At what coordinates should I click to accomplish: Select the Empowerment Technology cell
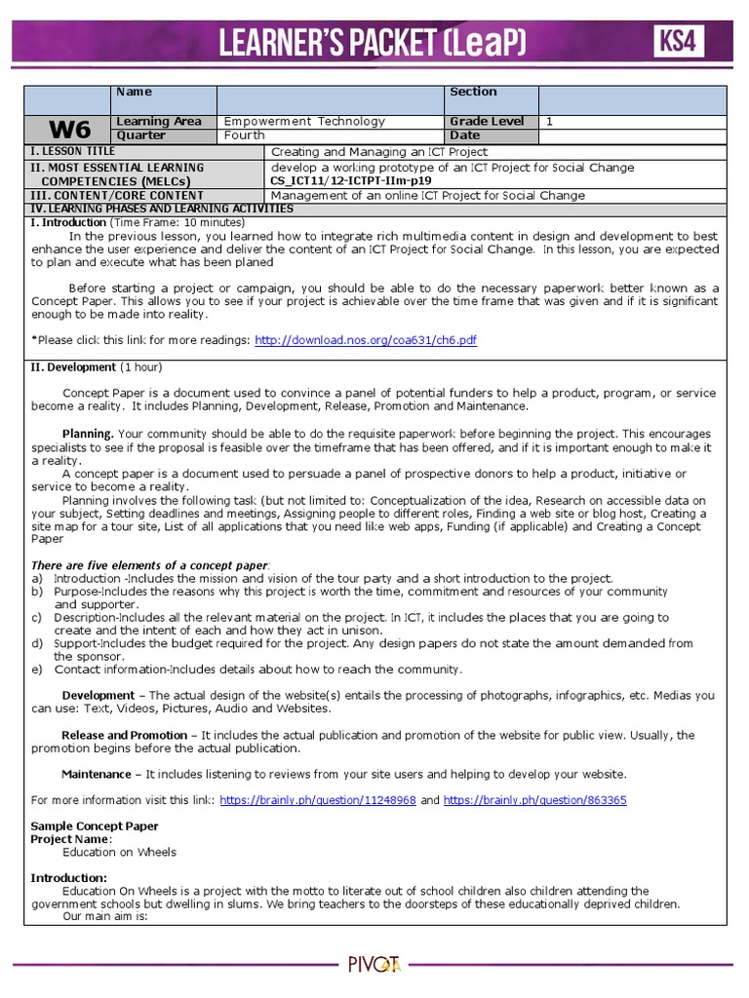[x=304, y=121]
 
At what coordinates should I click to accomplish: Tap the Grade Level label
[x=487, y=121]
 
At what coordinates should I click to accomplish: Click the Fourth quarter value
[x=245, y=135]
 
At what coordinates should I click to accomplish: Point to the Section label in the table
[x=473, y=92]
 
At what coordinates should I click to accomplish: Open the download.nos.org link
[x=366, y=340]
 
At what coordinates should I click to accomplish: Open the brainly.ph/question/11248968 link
[x=318, y=800]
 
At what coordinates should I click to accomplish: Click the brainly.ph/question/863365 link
[x=535, y=800]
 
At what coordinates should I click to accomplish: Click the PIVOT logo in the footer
[x=374, y=965]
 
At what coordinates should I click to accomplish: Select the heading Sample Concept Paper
[x=95, y=825]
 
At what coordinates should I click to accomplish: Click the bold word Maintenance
[x=96, y=774]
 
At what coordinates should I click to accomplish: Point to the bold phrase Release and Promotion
[x=124, y=735]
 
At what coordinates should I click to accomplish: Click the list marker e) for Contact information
[x=36, y=669]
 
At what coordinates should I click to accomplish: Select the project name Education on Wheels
[x=119, y=852]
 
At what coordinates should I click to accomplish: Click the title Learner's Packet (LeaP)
[x=374, y=42]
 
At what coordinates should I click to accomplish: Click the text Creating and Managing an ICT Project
[x=379, y=152]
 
